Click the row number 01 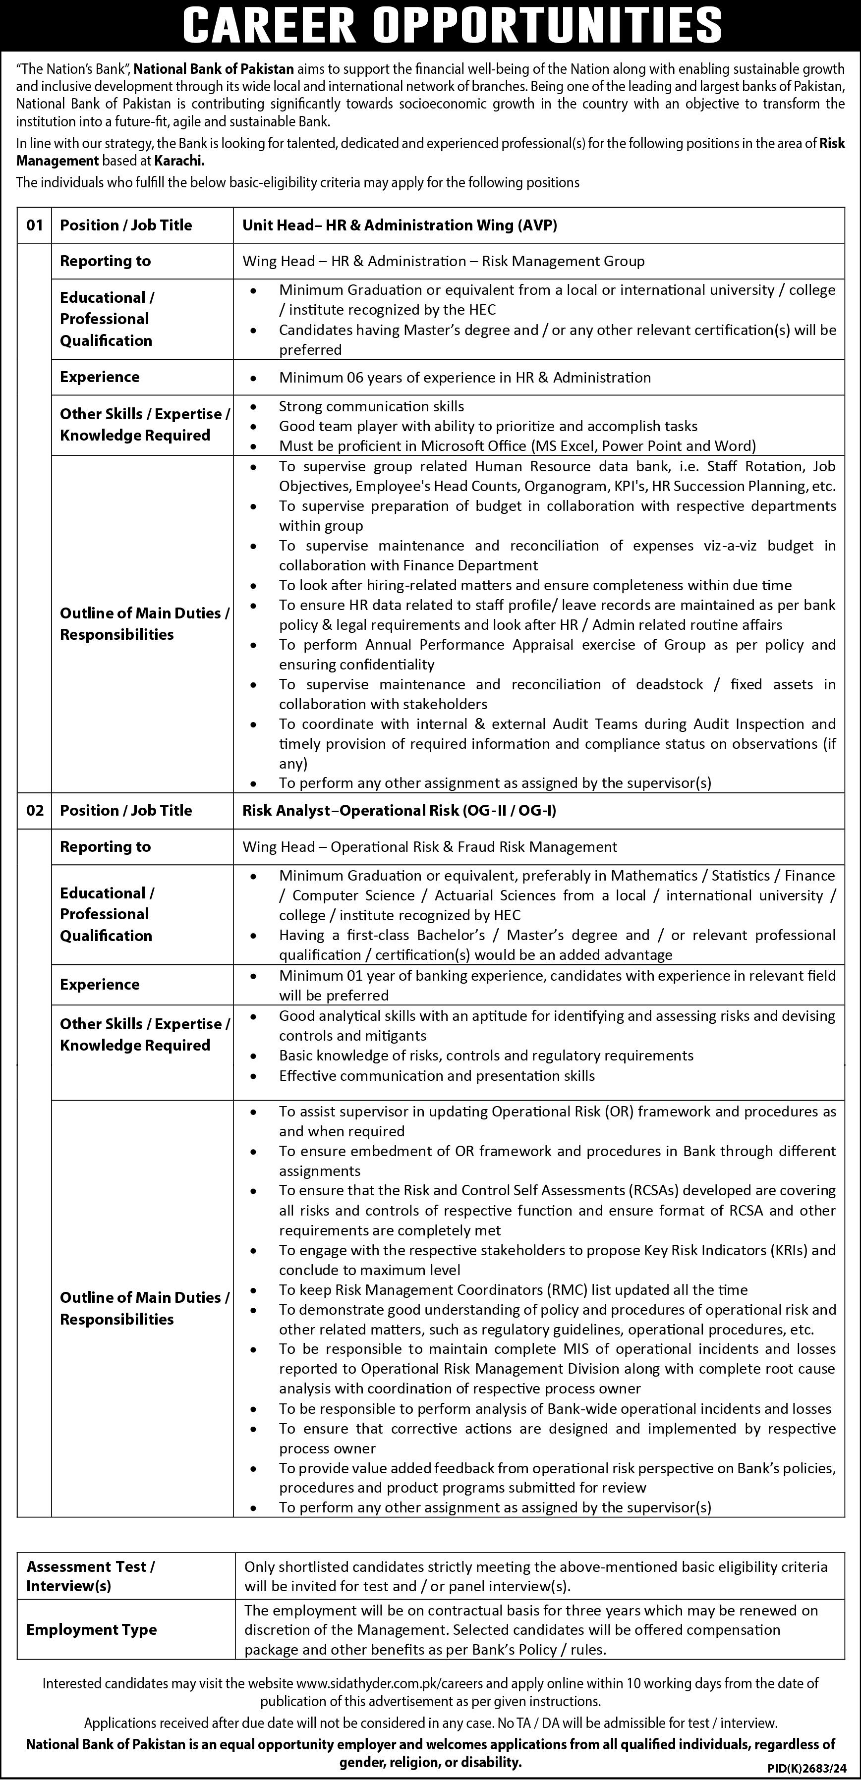35,225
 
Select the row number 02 35,811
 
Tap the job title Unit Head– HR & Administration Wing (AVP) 400,225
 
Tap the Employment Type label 91,1629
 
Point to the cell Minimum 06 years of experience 464,377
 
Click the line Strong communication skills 371,406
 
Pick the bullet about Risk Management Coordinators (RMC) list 513,1289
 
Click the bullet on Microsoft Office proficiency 517,445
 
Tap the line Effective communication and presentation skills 437,1075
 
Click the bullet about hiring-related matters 535,585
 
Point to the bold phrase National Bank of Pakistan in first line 214,68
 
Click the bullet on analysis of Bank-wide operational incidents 555,1409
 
